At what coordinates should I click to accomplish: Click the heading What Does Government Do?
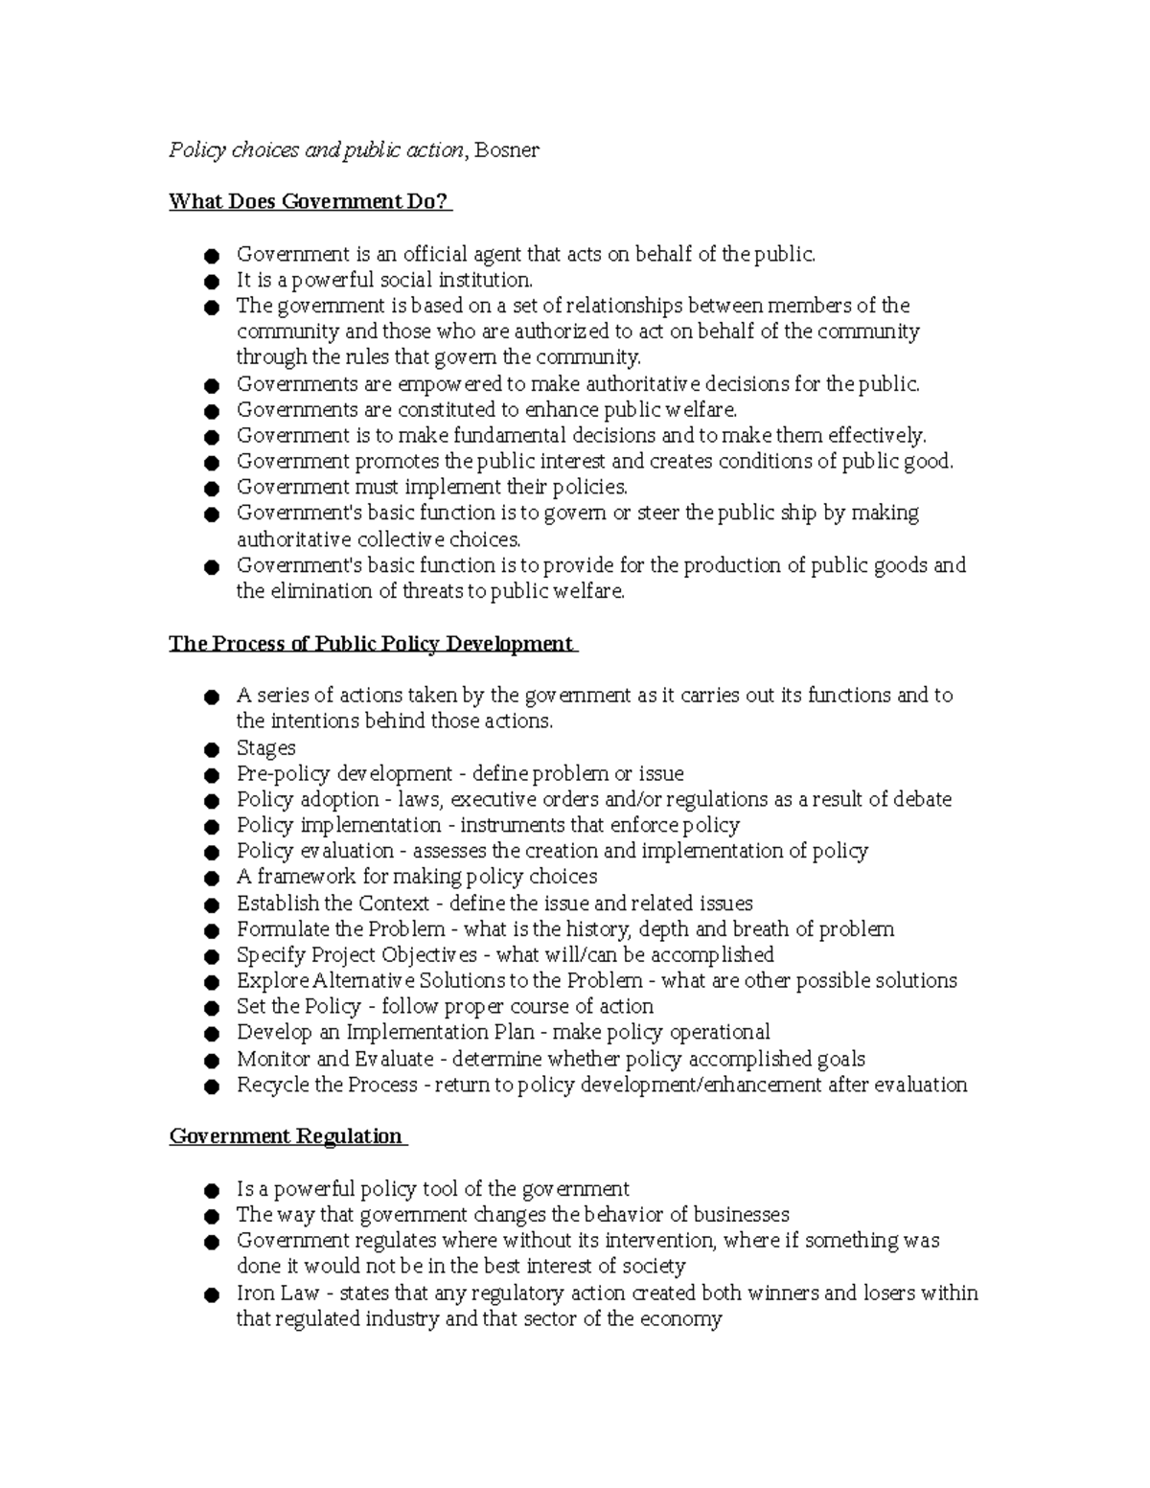point(308,201)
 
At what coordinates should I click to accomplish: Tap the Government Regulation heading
point(286,1136)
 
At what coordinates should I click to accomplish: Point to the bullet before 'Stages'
point(212,749)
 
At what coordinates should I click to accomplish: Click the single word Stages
point(265,747)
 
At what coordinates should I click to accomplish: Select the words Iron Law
point(277,1293)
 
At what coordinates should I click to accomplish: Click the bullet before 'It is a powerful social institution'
point(212,282)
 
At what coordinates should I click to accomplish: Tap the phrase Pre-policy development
point(344,773)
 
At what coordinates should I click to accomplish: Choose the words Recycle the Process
point(327,1085)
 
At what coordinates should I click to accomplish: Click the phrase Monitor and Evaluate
point(335,1059)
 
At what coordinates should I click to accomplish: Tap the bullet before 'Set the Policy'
point(212,1008)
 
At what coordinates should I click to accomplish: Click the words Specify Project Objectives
point(356,955)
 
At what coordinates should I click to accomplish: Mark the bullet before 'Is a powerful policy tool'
point(212,1191)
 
